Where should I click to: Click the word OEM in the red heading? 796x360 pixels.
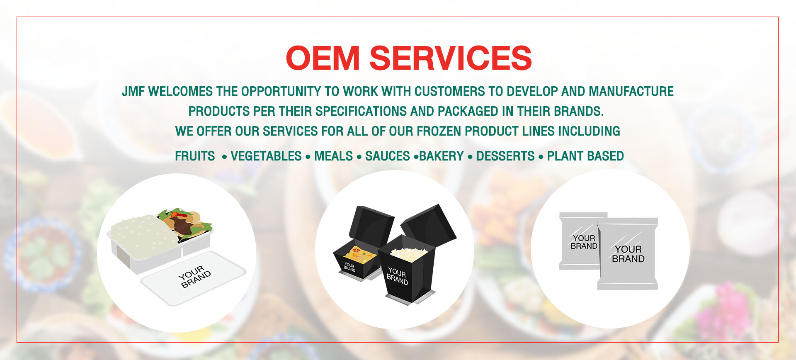click(x=323, y=58)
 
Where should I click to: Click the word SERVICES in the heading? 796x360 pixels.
click(x=451, y=58)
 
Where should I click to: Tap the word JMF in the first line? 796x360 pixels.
click(x=133, y=91)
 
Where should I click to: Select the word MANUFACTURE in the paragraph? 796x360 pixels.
click(x=631, y=91)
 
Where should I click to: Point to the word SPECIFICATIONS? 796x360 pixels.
click(x=361, y=111)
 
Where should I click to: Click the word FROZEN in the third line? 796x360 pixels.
click(x=439, y=131)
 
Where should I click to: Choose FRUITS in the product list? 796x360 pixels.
click(x=195, y=156)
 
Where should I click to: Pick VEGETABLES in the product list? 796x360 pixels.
click(x=266, y=156)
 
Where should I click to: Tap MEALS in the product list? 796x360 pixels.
click(x=333, y=156)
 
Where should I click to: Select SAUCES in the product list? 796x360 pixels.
click(x=387, y=156)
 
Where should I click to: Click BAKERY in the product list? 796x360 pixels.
click(x=442, y=156)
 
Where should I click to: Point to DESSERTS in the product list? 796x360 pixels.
click(x=505, y=156)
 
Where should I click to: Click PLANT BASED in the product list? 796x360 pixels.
click(x=585, y=156)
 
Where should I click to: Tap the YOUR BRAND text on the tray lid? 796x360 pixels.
click(x=195, y=277)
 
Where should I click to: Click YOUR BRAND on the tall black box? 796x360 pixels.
click(x=397, y=276)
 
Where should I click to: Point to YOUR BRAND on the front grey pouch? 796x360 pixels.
click(x=628, y=254)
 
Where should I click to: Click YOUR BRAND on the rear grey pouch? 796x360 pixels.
click(x=584, y=242)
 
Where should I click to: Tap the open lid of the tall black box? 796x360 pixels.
click(x=430, y=226)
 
